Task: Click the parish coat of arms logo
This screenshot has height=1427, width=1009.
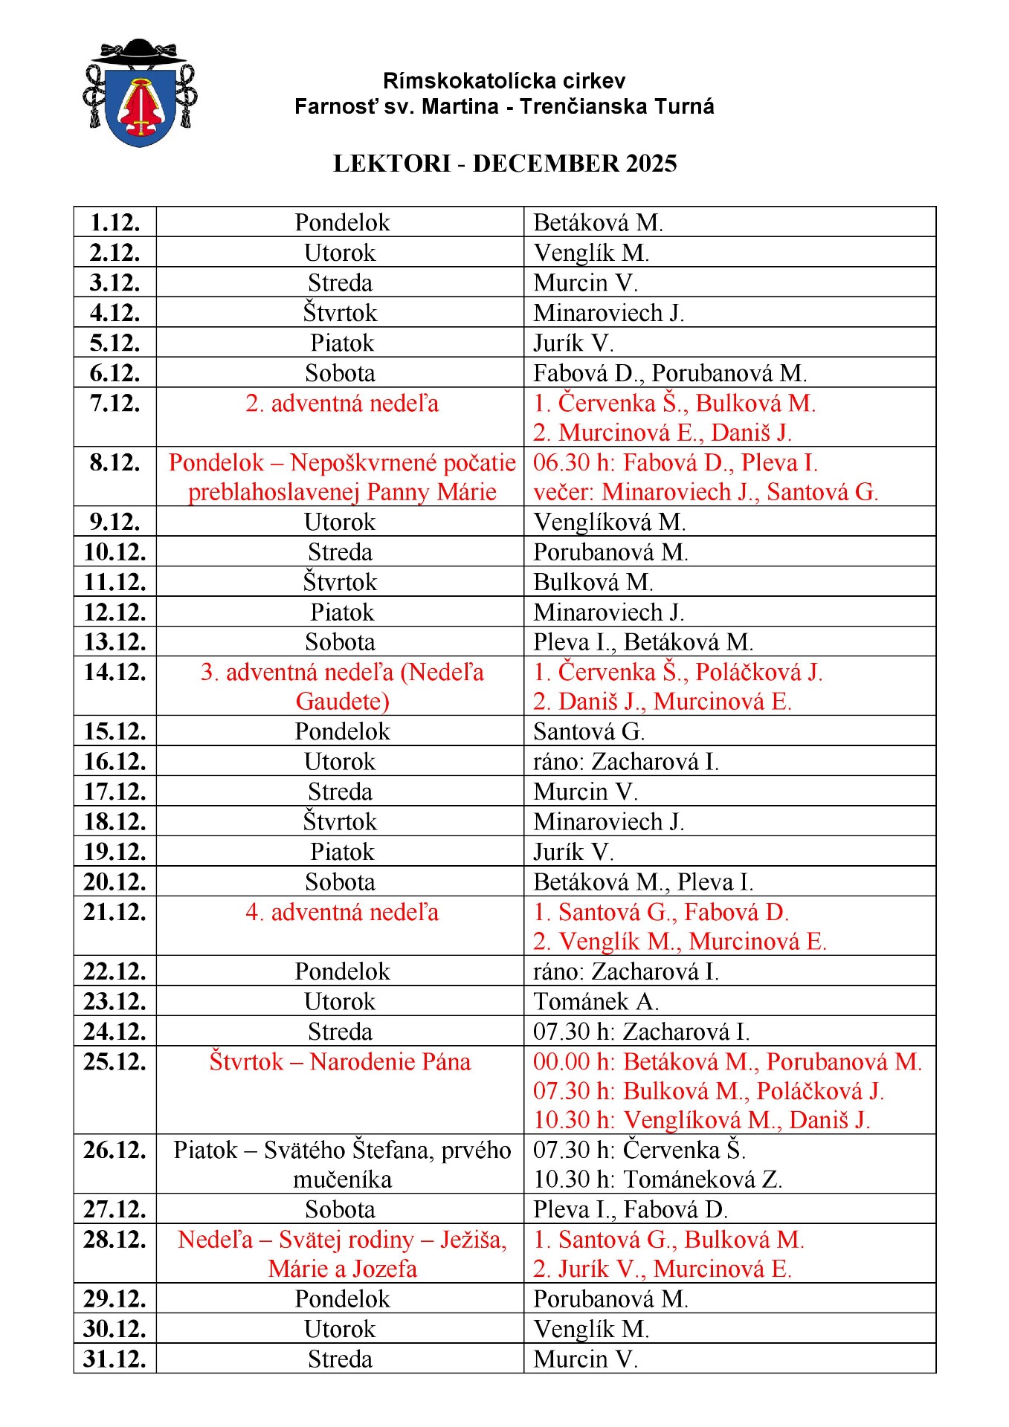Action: pyautogui.click(x=140, y=93)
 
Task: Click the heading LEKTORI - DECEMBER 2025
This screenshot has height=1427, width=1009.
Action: pyautogui.click(x=505, y=164)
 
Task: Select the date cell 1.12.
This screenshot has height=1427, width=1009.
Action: pyautogui.click(x=115, y=222)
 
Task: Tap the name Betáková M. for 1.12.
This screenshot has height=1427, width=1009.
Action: pyautogui.click(x=598, y=222)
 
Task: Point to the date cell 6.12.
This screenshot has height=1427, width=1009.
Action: pyautogui.click(x=115, y=373)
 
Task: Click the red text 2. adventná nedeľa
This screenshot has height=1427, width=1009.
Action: pyautogui.click(x=342, y=404)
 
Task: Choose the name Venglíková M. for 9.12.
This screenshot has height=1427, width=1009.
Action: pyautogui.click(x=609, y=522)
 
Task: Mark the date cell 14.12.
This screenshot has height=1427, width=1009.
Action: pyautogui.click(x=115, y=672)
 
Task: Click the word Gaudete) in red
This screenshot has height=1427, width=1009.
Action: pyautogui.click(x=342, y=701)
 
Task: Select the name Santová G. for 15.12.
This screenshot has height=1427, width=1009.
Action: pyautogui.click(x=589, y=731)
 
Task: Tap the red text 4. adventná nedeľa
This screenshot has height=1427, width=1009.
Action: pyautogui.click(x=342, y=912)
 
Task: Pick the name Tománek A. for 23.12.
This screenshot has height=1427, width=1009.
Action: pyautogui.click(x=596, y=1001)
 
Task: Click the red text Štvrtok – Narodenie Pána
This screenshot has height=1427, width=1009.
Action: pyautogui.click(x=340, y=1061)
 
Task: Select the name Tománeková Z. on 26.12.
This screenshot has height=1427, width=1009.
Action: pyautogui.click(x=703, y=1180)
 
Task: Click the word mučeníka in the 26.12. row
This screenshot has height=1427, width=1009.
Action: pyautogui.click(x=342, y=1180)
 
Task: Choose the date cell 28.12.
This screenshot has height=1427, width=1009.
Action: pyautogui.click(x=115, y=1240)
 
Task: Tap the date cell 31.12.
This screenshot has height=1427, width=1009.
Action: pyautogui.click(x=115, y=1359)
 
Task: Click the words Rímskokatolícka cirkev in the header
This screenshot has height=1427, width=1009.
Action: pyautogui.click(x=504, y=80)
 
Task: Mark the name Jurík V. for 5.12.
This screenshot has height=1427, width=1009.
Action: pyautogui.click(x=573, y=343)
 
